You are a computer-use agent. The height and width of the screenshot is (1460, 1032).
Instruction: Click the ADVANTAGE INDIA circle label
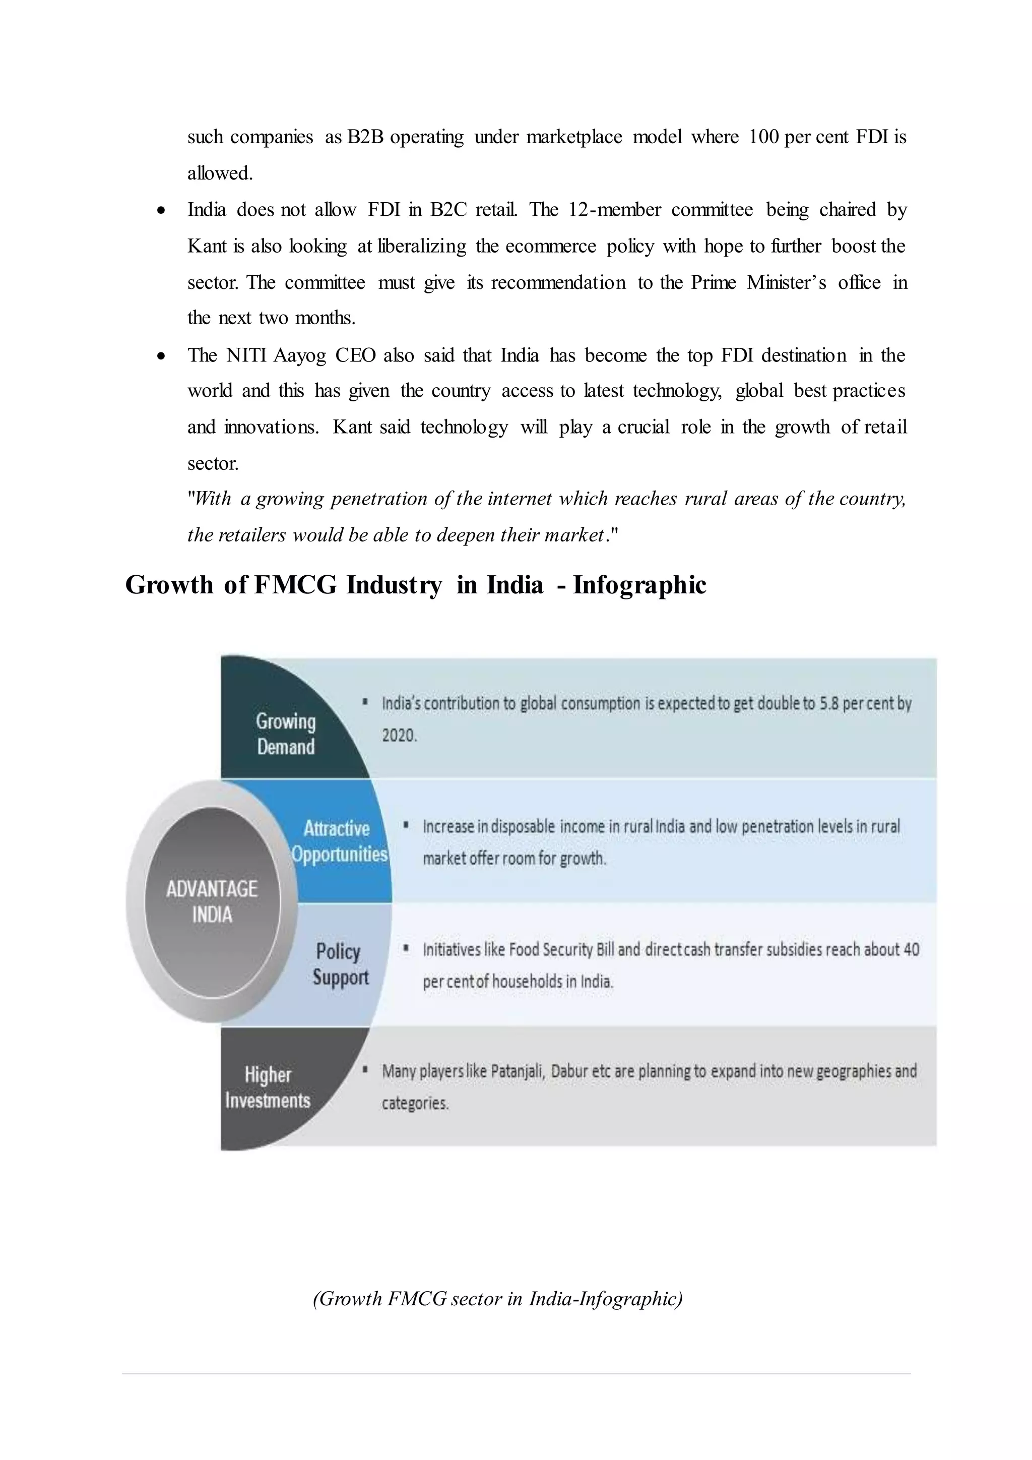(x=212, y=902)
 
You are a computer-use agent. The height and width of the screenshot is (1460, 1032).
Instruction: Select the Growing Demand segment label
(x=285, y=734)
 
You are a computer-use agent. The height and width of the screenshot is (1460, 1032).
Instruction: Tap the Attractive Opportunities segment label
(x=339, y=840)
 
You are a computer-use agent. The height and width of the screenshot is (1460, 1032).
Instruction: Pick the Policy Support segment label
(x=340, y=964)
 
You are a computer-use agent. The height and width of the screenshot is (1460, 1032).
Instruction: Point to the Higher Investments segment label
(x=268, y=1087)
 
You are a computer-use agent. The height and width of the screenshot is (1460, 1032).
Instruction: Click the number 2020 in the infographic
(x=399, y=736)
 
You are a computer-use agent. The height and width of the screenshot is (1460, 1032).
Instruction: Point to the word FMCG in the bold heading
(x=295, y=585)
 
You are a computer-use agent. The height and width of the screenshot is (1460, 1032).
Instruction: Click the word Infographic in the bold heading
(x=639, y=585)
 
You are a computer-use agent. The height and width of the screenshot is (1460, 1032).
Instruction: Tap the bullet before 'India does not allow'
(x=162, y=210)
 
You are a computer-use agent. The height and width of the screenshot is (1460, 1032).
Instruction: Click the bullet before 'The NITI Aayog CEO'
(x=162, y=356)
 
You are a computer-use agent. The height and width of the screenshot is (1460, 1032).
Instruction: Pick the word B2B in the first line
(x=365, y=137)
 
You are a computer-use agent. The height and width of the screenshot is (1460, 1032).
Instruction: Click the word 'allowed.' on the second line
(x=220, y=173)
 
